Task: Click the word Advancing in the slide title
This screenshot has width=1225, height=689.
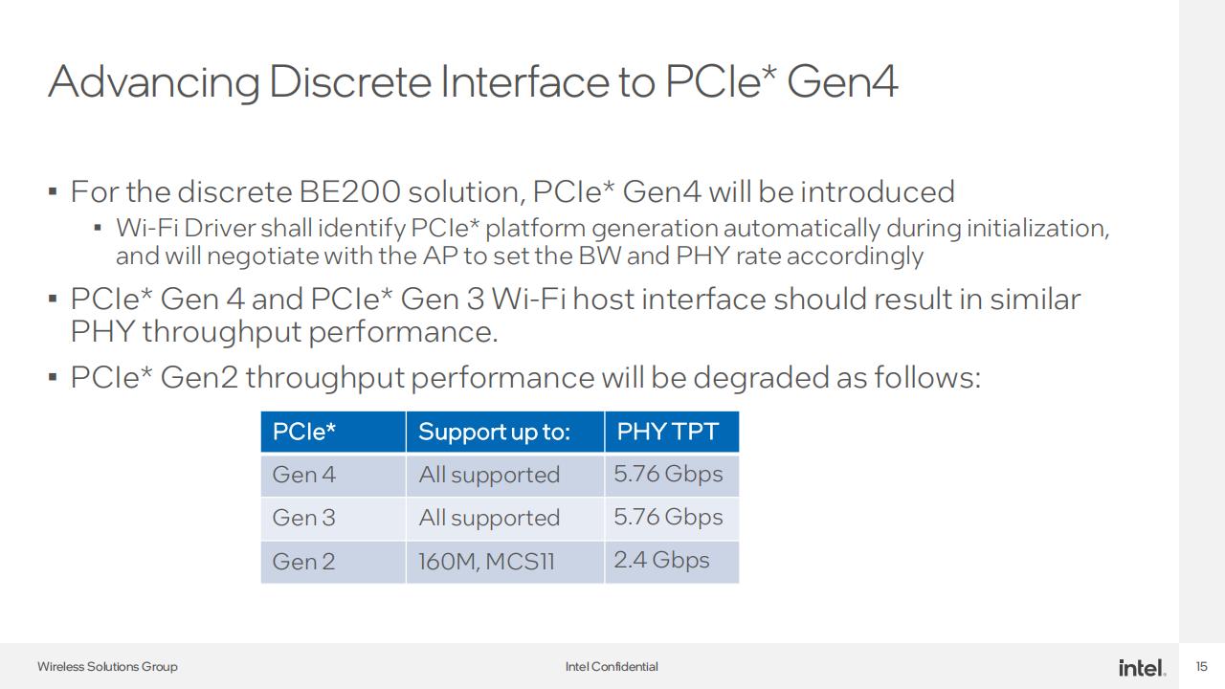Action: [154, 82]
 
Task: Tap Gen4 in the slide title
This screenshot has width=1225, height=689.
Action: [841, 81]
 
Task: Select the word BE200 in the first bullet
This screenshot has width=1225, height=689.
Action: [350, 192]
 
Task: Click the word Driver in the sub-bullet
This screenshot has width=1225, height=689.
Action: [219, 228]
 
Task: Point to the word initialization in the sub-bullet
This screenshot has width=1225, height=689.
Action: [1037, 229]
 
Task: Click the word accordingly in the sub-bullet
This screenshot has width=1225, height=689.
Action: [855, 256]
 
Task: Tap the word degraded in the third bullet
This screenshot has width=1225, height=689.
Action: [761, 377]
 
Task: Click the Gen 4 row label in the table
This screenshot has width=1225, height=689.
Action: [304, 475]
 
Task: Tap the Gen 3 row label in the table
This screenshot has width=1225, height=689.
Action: [304, 518]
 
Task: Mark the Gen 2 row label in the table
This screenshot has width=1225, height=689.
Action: [304, 562]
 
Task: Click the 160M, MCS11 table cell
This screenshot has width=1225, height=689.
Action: [487, 562]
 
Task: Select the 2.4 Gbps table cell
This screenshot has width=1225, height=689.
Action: [661, 560]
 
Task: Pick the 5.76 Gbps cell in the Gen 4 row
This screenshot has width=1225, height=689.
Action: [668, 474]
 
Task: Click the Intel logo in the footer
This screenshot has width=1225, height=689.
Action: [1142, 668]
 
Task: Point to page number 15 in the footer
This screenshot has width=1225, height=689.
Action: [1201, 667]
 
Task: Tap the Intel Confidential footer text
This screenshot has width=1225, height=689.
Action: [612, 667]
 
